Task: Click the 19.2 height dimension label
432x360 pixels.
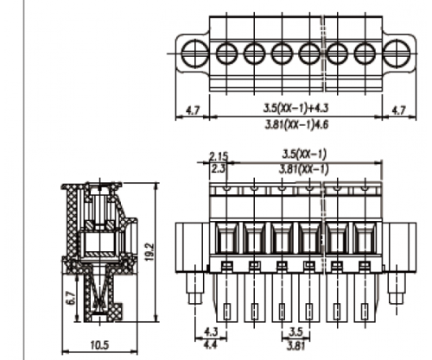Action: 150,253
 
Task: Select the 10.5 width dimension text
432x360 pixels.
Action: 99,344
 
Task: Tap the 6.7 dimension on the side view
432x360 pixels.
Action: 71,298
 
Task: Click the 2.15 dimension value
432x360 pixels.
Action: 219,156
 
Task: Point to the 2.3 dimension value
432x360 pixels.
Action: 218,168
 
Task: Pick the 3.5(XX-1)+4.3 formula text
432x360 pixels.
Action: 296,108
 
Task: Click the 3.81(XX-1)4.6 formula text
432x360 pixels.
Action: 296,124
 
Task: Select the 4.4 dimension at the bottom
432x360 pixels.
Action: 210,344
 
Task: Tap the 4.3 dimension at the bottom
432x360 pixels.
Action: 211,332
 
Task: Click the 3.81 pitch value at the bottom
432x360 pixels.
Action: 295,345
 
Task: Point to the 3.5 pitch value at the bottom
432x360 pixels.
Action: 296,332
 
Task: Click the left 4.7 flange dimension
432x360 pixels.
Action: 193,111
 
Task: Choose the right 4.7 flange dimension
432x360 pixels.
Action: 399,111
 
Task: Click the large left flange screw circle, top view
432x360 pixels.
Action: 195,54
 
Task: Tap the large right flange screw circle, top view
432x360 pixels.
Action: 397,54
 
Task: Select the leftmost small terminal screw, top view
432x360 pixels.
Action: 226,54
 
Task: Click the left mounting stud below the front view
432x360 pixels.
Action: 195,288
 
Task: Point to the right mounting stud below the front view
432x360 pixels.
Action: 397,288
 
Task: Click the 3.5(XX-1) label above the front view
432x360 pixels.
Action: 304,154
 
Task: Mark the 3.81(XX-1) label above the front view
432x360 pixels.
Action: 303,169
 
